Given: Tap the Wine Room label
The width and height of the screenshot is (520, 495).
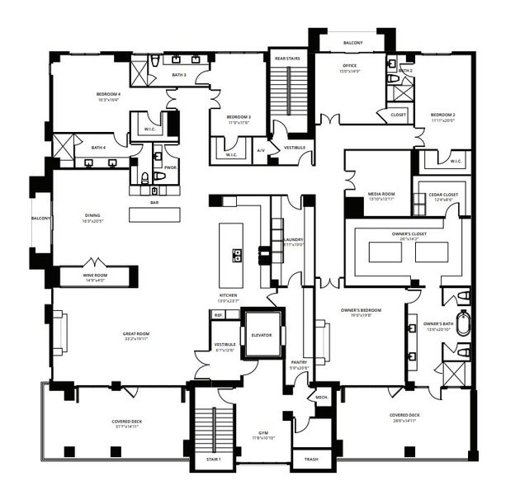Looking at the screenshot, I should click(x=97, y=276).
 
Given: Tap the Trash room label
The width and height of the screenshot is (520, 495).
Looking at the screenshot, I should click(x=310, y=460).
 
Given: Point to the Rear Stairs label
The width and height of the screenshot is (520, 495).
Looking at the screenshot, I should click(x=287, y=59).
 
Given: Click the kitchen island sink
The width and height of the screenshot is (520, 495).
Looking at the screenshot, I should click(x=237, y=255).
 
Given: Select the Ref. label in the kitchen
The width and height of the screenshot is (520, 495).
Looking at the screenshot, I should click(x=219, y=315).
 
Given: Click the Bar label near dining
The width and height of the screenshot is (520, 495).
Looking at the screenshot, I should click(x=154, y=202).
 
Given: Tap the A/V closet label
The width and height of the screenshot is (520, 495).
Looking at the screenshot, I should click(x=260, y=150).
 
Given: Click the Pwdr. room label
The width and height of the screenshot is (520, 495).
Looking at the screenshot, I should click(x=171, y=167).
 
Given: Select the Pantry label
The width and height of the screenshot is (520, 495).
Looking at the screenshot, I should click(x=299, y=362).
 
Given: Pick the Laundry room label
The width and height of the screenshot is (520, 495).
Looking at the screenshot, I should click(x=294, y=240).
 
